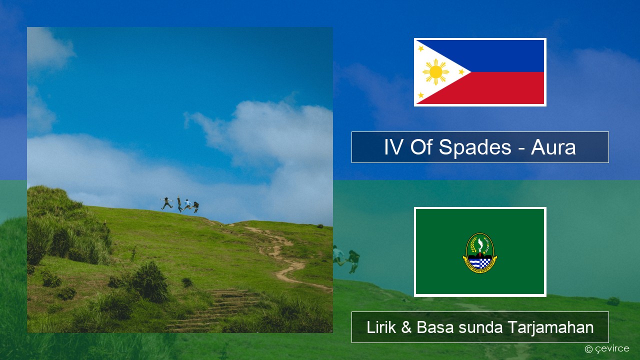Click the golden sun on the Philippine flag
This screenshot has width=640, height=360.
pyautogui.click(x=435, y=72)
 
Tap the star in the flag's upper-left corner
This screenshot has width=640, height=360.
pyautogui.click(x=421, y=48)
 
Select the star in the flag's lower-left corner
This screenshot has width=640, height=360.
pyautogui.click(x=421, y=95)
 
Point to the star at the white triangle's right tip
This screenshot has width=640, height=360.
pyautogui.click(x=461, y=71)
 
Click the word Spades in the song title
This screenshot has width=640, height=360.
pyautogui.click(x=474, y=147)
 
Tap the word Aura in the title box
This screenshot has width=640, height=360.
pyautogui.click(x=553, y=147)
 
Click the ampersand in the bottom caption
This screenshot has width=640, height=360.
pyautogui.click(x=406, y=327)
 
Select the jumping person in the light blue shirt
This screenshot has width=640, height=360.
pyautogui.click(x=187, y=204)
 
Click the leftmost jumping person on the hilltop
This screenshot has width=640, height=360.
pyautogui.click(x=167, y=203)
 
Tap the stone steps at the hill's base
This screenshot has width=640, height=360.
pyautogui.click(x=214, y=310)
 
